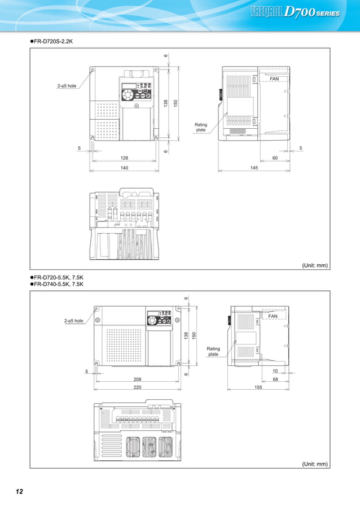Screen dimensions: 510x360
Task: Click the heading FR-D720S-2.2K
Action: click(52, 41)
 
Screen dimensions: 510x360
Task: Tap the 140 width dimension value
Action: click(124, 168)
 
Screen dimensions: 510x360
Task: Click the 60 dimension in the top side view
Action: click(275, 158)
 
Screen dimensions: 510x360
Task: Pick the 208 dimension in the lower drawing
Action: click(137, 379)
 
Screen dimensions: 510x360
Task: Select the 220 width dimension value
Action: click(137, 388)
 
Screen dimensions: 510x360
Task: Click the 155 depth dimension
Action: click(258, 388)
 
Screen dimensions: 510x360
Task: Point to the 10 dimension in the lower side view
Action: click(275, 371)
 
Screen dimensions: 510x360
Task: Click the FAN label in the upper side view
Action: click(274, 79)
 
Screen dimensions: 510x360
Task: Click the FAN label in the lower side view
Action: click(273, 316)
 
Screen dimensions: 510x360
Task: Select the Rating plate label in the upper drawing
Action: click(201, 127)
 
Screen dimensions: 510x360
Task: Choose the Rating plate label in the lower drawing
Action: click(213, 351)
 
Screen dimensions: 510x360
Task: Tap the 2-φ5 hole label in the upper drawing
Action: click(67, 86)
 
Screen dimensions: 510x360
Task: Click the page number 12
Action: click(19, 491)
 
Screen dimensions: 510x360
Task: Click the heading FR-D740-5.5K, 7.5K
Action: click(58, 284)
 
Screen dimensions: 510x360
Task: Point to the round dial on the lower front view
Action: click(151, 320)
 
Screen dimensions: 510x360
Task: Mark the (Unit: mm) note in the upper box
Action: click(314, 265)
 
